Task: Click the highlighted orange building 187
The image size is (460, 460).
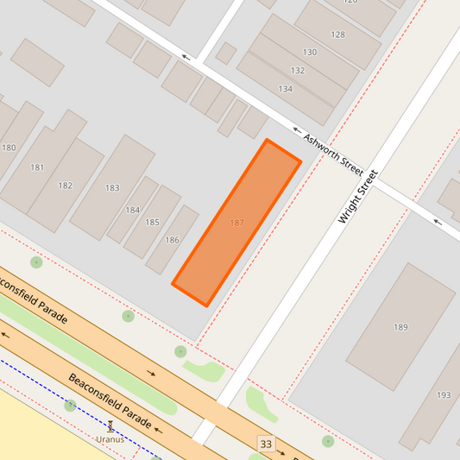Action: pyautogui.click(x=236, y=223)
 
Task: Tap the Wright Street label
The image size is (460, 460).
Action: pyautogui.click(x=358, y=197)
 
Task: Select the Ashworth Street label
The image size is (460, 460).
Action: pyautogui.click(x=334, y=150)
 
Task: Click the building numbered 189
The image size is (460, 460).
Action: pyautogui.click(x=400, y=327)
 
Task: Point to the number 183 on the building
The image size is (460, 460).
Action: pyautogui.click(x=112, y=188)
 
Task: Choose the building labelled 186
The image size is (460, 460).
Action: pyautogui.click(x=172, y=240)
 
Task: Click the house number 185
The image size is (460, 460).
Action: pyautogui.click(x=152, y=223)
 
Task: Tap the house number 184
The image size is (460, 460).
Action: pyautogui.click(x=132, y=210)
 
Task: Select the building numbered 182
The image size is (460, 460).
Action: pyautogui.click(x=66, y=186)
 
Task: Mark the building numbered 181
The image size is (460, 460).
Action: pyautogui.click(x=37, y=167)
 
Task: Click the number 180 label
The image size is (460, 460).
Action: pyautogui.click(x=9, y=148)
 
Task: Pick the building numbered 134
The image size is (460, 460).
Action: pyautogui.click(x=285, y=89)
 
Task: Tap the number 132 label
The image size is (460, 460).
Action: pyautogui.click(x=298, y=71)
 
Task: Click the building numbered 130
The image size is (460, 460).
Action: pyautogui.click(x=309, y=53)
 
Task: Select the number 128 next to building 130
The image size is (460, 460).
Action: pyautogui.click(x=337, y=35)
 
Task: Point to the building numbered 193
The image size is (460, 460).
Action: pyautogui.click(x=444, y=395)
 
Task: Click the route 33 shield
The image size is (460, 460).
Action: pyautogui.click(x=266, y=444)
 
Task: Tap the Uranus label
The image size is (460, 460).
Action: pyautogui.click(x=110, y=439)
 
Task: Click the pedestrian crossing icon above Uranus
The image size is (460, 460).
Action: pyautogui.click(x=110, y=426)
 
